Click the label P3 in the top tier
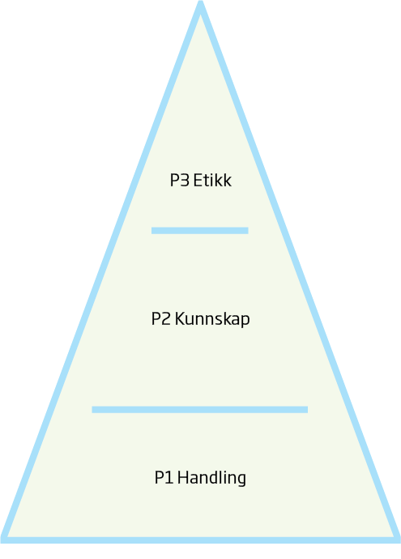click(179, 181)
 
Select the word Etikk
click(212, 181)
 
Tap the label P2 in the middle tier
click(161, 318)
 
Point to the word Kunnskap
click(212, 319)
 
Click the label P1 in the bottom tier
click(164, 478)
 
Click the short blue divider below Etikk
click(200, 231)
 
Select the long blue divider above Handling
click(200, 410)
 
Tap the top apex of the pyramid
click(200, 2)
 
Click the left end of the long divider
click(92, 410)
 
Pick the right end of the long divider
click(308, 410)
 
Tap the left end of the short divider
click(151, 231)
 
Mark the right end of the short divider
click(248, 231)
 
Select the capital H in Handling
click(183, 478)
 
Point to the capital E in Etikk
click(198, 181)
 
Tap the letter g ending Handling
click(241, 480)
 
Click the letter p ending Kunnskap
click(245, 322)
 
